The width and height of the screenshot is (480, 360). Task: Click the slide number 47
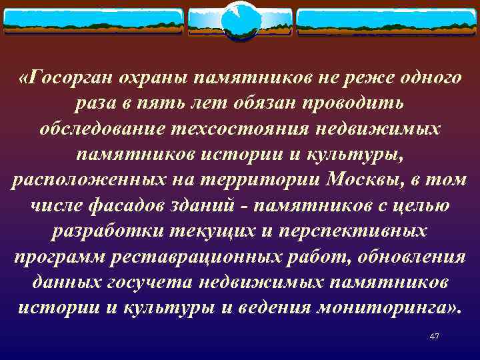435,337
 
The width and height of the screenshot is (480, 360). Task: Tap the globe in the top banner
240,20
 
